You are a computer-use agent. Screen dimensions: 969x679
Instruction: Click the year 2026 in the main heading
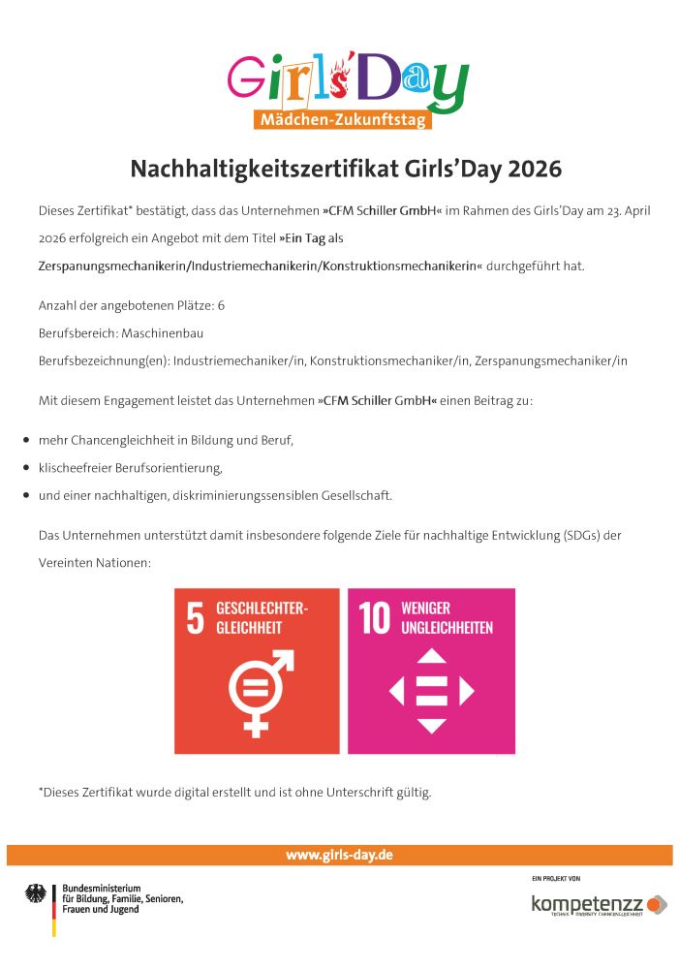[x=531, y=169]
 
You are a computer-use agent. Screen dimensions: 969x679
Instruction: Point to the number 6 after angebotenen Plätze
[x=222, y=305]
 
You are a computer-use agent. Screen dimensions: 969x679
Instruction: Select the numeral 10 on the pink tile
[x=374, y=618]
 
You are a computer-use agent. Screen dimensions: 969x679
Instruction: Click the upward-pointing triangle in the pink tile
[x=431, y=657]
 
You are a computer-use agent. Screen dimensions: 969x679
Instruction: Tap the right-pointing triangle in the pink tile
[x=467, y=691]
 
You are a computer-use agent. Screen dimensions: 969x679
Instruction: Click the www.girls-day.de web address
[x=339, y=855]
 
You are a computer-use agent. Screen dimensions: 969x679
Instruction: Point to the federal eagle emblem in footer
[x=36, y=892]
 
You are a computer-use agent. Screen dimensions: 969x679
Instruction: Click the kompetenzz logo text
[x=587, y=903]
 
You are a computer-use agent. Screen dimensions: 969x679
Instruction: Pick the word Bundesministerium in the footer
[x=102, y=888]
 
